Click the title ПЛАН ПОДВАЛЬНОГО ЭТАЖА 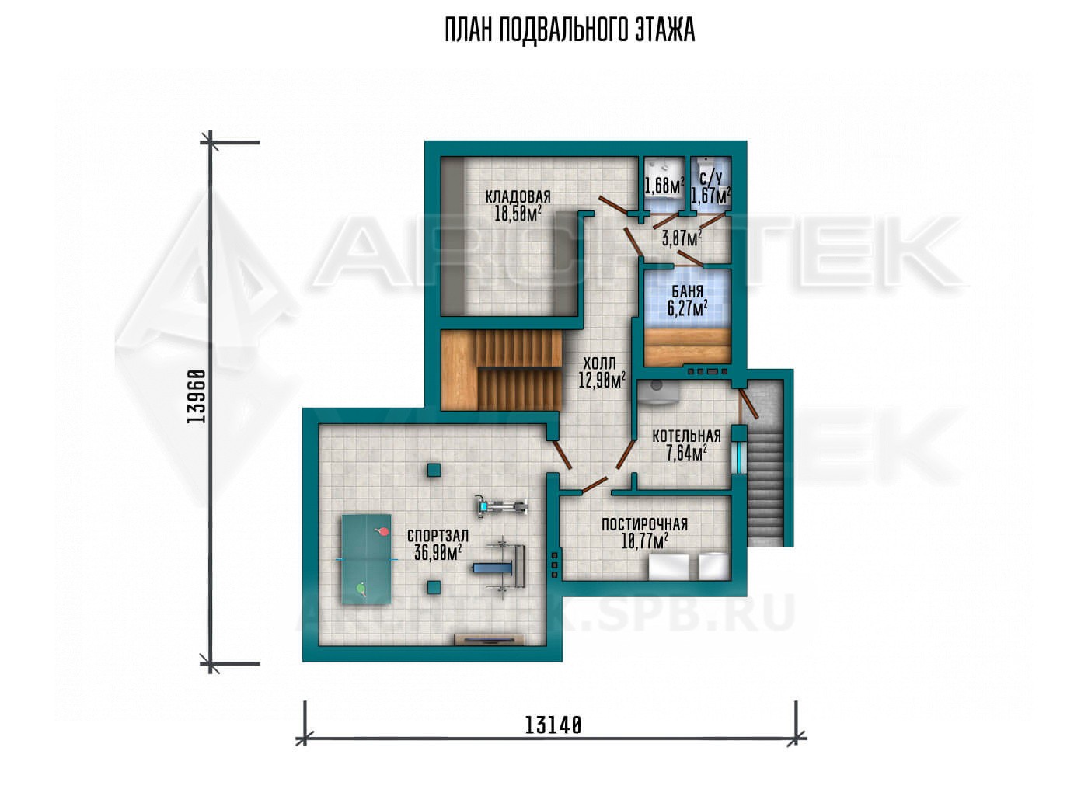tap(570, 30)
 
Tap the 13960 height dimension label tap(197, 396)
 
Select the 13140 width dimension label tap(553, 739)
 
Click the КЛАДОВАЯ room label tap(518, 196)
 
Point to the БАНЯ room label tap(687, 291)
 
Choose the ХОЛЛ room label tap(599, 363)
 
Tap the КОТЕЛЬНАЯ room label tap(686, 436)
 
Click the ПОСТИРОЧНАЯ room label tap(644, 524)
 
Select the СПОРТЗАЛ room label tap(438, 536)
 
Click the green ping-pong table tap(367, 559)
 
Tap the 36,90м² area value tap(438, 552)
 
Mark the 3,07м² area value tap(682, 238)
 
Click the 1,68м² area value tap(664, 186)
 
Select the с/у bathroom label tap(711, 178)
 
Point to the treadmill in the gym tap(501, 506)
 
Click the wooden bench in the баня tap(687, 346)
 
